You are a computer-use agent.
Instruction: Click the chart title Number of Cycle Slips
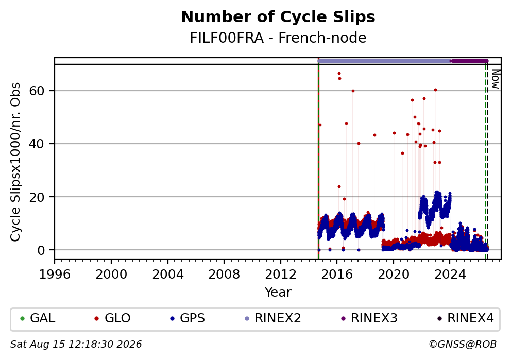pyautogui.click(x=278, y=17)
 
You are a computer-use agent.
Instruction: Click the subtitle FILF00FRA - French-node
pyautogui.click(x=278, y=38)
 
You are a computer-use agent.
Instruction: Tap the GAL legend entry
pyautogui.click(x=38, y=318)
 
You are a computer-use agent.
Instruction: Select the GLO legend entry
pyautogui.click(x=112, y=318)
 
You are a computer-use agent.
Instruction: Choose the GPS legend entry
pyautogui.click(x=188, y=318)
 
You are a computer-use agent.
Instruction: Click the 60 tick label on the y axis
pyautogui.click(x=37, y=91)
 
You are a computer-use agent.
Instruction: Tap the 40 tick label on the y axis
pyautogui.click(x=37, y=144)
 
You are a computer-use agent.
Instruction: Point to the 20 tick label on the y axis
pyautogui.click(x=37, y=197)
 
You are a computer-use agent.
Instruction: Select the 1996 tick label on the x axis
pyautogui.click(x=55, y=275)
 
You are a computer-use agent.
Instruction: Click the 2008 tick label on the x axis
pyautogui.click(x=224, y=275)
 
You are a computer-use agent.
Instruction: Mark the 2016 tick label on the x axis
pyautogui.click(x=337, y=275)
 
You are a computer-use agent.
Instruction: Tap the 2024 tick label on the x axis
pyautogui.click(x=450, y=275)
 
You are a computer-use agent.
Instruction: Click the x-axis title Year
pyautogui.click(x=278, y=292)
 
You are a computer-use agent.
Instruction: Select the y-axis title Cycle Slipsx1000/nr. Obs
pyautogui.click(x=15, y=162)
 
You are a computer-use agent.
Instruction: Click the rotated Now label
pyautogui.click(x=496, y=79)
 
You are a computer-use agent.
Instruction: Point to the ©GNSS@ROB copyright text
pyautogui.click(x=463, y=345)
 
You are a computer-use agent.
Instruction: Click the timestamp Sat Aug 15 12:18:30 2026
pyautogui.click(x=76, y=345)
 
